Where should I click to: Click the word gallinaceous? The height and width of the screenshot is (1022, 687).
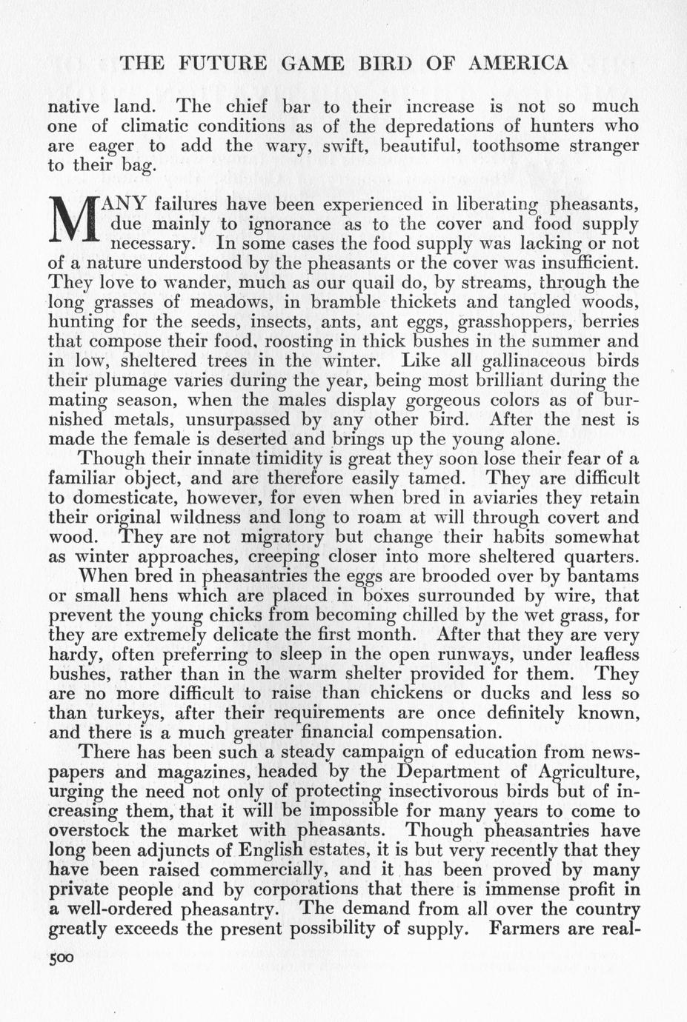(534, 361)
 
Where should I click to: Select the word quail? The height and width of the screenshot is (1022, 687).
(353, 282)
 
